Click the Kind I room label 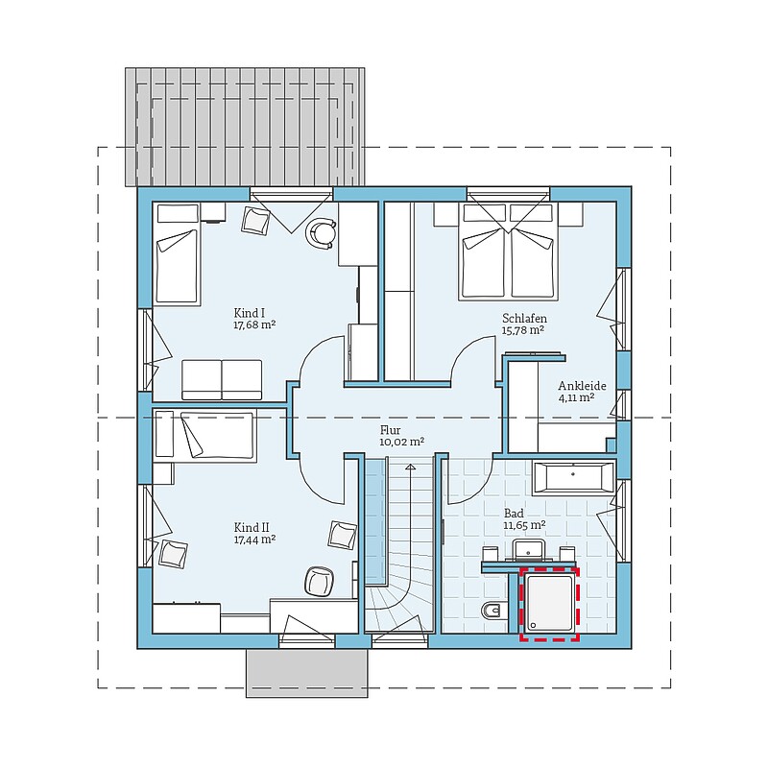[250, 313]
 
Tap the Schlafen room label [524, 319]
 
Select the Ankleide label [582, 386]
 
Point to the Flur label [391, 430]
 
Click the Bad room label [514, 514]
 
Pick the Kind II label [252, 527]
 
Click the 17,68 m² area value [254, 324]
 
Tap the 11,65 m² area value [524, 525]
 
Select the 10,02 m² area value [401, 442]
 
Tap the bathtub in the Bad [573, 476]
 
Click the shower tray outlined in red [549, 604]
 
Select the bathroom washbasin [529, 550]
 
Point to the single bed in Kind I [178, 254]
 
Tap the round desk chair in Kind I [323, 233]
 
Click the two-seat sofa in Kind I [222, 380]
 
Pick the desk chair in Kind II [320, 582]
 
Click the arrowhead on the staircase [411, 468]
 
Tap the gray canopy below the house [306, 673]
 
